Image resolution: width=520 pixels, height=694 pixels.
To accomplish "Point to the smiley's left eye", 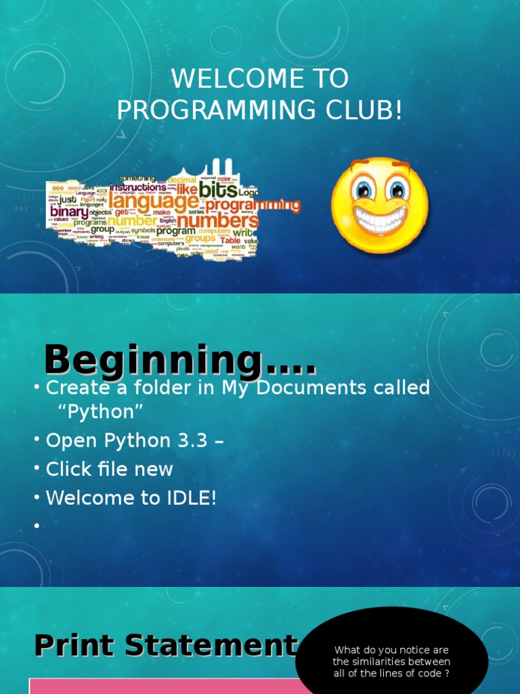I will (x=364, y=189).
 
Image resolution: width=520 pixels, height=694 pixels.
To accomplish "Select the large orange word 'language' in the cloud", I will (x=153, y=201).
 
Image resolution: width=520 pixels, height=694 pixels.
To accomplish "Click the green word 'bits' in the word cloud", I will (x=218, y=189).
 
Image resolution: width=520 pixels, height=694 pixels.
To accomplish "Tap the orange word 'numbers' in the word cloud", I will (x=218, y=221).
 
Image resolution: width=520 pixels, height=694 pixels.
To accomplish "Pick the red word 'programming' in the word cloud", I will (x=253, y=205).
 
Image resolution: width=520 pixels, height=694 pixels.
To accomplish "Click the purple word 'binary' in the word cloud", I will (x=68, y=212).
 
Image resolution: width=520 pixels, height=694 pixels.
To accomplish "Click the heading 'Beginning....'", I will (x=179, y=361).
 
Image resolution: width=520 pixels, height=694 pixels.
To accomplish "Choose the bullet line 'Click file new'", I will (x=109, y=469).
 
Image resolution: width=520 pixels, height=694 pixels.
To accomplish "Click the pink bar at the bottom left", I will (x=162, y=686).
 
